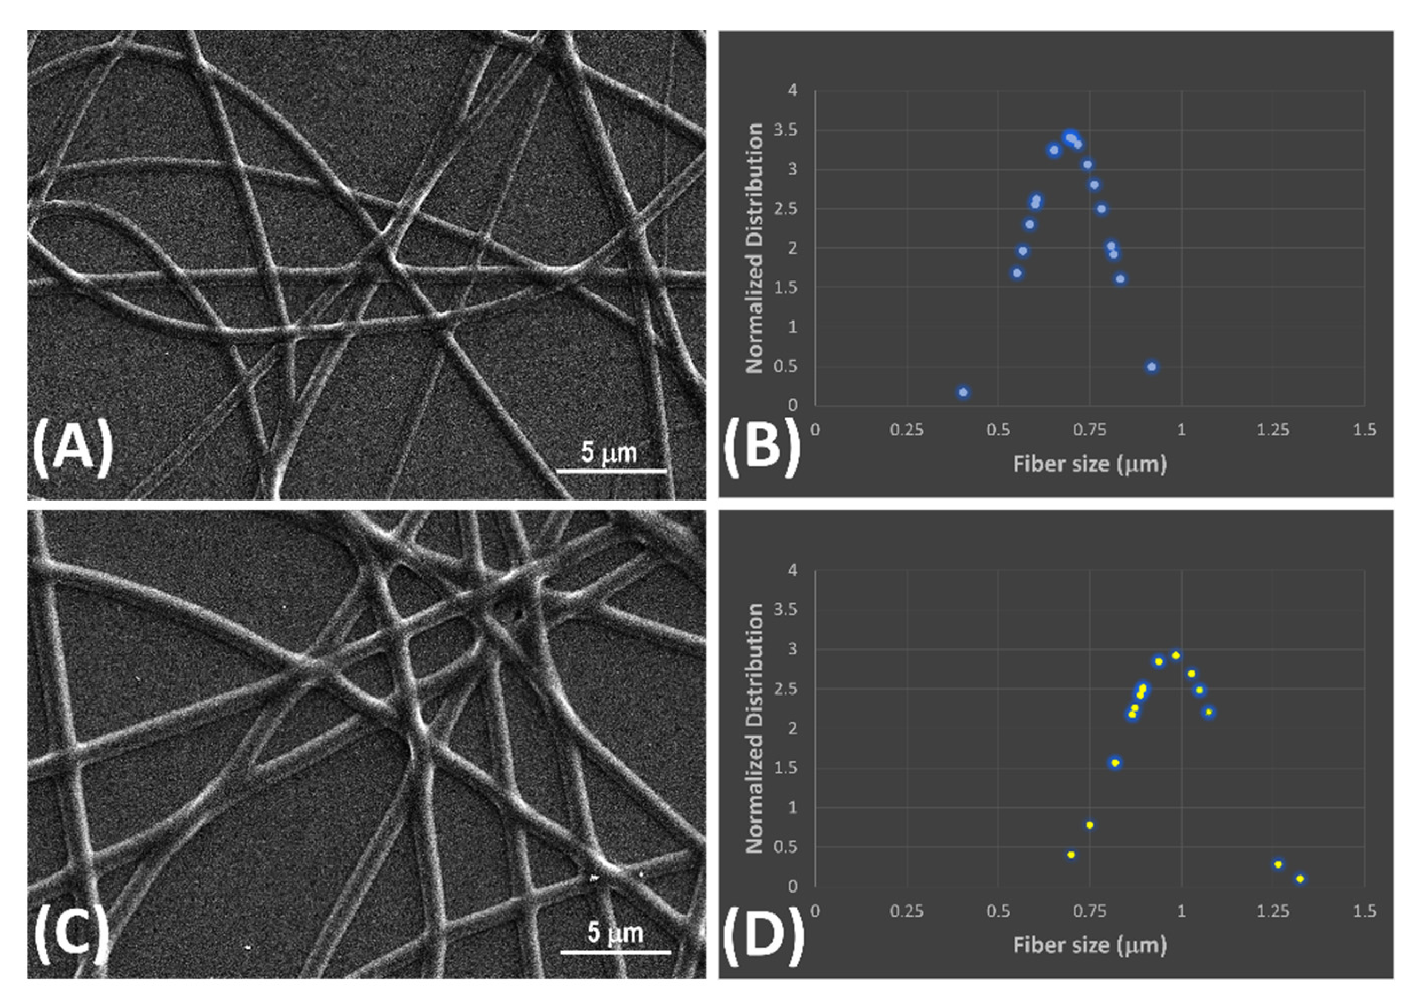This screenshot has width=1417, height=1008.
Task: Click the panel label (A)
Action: (x=73, y=448)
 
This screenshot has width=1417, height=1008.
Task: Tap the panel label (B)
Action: (x=762, y=448)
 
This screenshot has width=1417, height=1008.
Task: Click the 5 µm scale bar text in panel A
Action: (x=609, y=452)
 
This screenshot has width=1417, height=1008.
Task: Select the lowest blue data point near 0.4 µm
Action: (x=963, y=392)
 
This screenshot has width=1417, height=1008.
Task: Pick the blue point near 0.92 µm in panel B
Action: (x=1152, y=367)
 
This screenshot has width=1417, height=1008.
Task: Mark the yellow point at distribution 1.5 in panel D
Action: (x=1115, y=763)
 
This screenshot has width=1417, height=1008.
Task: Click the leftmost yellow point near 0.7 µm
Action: (x=1072, y=855)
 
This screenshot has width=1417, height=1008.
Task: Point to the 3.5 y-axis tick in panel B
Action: (x=786, y=130)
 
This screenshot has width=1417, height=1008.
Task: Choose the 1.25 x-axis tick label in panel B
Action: (x=1272, y=429)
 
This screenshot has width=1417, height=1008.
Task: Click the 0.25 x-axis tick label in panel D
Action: (x=907, y=911)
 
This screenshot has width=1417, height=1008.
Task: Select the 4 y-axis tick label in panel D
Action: (x=792, y=570)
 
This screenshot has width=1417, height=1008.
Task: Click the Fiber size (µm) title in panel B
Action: (x=1089, y=464)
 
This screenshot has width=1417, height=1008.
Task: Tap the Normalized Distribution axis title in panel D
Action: (x=754, y=728)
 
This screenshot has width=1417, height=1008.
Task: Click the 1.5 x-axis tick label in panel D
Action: (x=1364, y=911)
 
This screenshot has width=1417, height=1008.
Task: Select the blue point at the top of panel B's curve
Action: (x=1069, y=137)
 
